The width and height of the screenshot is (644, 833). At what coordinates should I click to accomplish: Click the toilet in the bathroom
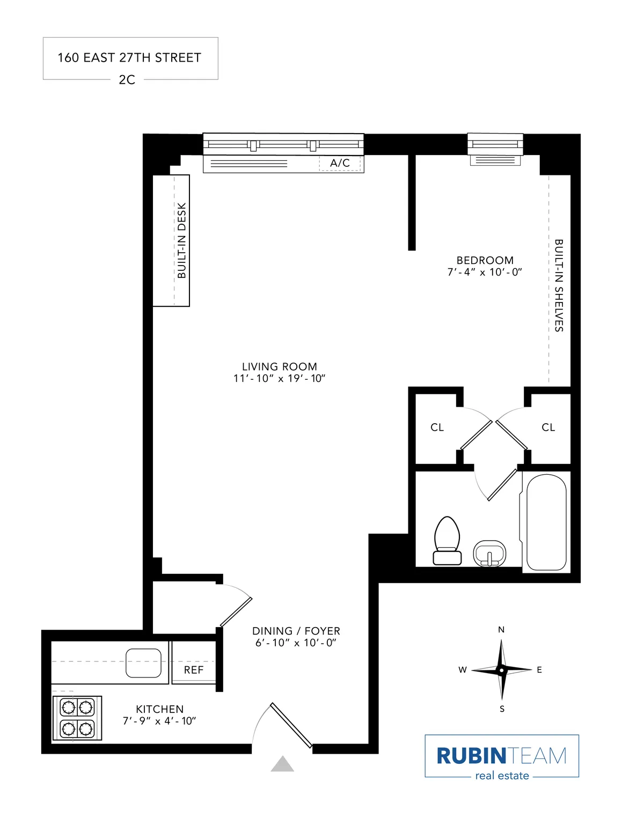pos(447,541)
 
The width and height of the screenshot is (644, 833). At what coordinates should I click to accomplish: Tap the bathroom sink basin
pos(489,553)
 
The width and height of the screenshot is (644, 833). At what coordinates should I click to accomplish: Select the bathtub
pos(546,522)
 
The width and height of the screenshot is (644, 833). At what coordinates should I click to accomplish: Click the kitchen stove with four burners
pos(77,718)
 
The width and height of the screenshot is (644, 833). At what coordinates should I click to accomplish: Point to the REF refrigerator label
pos(194,670)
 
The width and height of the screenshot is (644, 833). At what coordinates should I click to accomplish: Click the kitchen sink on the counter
pos(143,663)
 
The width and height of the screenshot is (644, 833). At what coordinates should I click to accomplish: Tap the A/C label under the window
pos(340,163)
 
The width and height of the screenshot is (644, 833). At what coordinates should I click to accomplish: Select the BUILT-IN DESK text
pos(181,240)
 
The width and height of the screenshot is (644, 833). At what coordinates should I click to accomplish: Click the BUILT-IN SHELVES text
pos(559,285)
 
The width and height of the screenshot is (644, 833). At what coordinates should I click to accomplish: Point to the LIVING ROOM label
pos(279,366)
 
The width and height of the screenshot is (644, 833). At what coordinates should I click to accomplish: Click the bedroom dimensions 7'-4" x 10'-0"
pos(485,272)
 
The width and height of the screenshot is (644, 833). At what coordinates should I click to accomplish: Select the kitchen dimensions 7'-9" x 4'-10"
pos(159,721)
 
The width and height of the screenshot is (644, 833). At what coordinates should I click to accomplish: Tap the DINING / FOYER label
pos(296,631)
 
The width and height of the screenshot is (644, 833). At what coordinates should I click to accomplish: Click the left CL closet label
pos(437,427)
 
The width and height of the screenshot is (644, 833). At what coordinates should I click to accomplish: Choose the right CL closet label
pos(548,427)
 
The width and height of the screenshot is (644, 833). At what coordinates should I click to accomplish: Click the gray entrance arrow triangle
pos(282,764)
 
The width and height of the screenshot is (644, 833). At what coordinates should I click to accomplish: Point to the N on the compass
pos(501,630)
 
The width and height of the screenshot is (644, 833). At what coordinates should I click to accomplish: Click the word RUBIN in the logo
pos(471,756)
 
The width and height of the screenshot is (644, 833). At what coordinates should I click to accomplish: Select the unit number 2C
pos(127,79)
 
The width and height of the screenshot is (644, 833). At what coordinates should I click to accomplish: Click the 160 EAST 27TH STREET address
pos(129,57)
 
